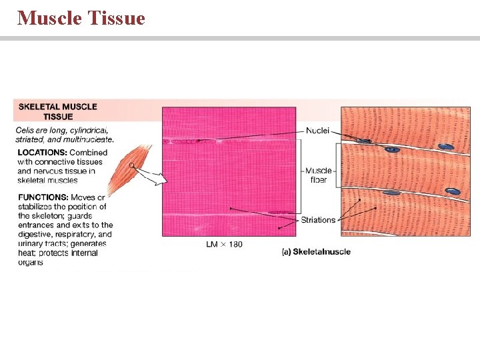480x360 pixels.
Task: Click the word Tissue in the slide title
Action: pos(115,18)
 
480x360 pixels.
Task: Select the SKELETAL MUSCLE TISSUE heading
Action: pos(57,111)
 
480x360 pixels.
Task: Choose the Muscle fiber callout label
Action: pos(319,175)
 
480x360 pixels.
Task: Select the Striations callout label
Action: pos(318,220)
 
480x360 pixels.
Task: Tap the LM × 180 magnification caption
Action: pos(224,245)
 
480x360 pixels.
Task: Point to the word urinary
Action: pos(31,244)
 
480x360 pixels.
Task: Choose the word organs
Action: pos(31,262)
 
